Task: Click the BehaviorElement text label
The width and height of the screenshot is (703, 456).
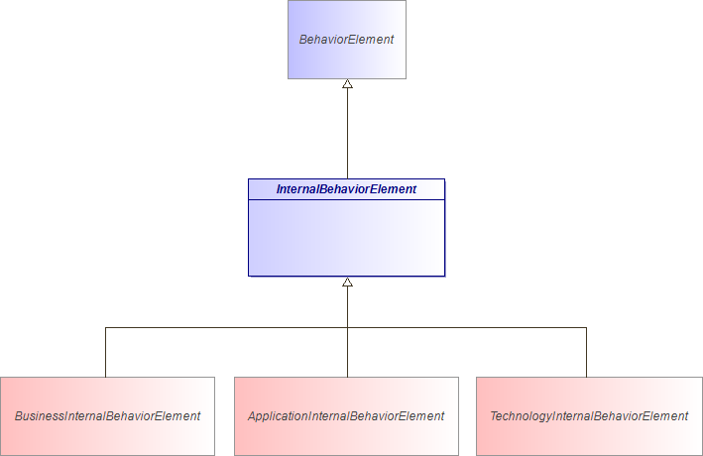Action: point(346,40)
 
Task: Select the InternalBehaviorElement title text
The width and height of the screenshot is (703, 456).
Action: point(346,189)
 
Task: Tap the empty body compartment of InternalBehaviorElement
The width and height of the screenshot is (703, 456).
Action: point(346,238)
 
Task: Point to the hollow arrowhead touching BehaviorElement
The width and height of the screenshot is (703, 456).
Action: point(347,85)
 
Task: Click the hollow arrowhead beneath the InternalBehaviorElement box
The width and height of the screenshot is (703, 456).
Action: point(347,283)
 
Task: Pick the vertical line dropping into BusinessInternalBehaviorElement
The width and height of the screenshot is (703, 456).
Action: point(106,352)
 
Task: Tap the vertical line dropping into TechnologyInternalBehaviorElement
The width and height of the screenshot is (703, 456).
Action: point(586,352)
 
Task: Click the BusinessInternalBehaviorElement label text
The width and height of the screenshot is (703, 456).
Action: point(107,416)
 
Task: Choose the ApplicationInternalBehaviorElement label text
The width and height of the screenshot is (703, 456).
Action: point(346,416)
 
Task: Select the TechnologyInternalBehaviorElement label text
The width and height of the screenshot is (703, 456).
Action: point(589,416)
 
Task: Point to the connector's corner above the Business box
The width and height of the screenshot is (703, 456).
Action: point(106,327)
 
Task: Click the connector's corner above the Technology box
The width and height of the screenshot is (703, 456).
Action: point(586,327)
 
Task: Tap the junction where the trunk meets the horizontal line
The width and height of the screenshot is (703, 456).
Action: point(347,327)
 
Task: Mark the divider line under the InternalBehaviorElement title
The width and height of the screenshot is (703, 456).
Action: point(346,199)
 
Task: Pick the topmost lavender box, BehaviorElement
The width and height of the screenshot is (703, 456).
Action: point(346,59)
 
